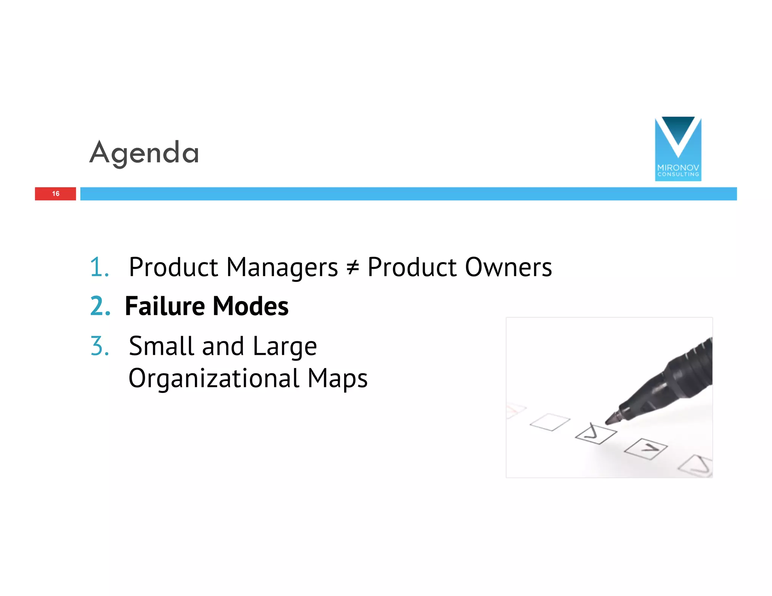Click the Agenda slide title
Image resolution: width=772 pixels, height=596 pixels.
[144, 153]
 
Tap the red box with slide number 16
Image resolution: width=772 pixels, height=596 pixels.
[55, 194]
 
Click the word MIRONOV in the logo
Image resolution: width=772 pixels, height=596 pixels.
[678, 168]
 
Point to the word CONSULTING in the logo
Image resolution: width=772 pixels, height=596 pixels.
[678, 174]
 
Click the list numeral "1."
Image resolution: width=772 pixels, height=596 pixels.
[100, 267]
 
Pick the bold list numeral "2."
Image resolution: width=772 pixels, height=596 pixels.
[100, 306]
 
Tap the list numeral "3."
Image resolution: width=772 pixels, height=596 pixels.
[100, 346]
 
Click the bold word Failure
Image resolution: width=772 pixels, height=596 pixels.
[165, 306]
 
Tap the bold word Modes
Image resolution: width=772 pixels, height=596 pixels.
[251, 306]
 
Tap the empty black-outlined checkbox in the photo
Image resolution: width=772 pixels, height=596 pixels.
[550, 422]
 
